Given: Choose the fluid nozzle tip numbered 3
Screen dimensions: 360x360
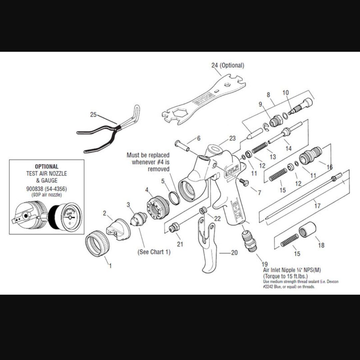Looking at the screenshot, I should (139, 219).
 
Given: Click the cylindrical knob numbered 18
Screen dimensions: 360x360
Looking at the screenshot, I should (307, 230).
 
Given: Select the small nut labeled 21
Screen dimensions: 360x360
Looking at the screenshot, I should (174, 228).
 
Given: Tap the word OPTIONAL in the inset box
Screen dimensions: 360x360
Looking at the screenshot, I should (46, 166).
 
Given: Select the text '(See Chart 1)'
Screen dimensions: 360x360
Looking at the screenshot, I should (154, 252).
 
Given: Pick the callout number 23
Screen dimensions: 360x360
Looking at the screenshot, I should (232, 138).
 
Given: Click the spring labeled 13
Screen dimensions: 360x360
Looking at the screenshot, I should (260, 147).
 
